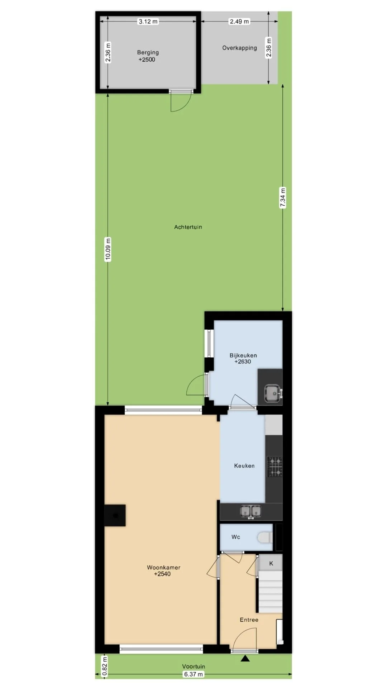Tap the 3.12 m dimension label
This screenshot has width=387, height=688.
pyautogui.click(x=148, y=21)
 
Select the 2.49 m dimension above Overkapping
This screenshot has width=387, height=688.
pyautogui.click(x=239, y=21)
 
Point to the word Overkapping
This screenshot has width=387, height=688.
pyautogui.click(x=239, y=48)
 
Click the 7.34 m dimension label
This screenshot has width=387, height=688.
pyautogui.click(x=283, y=198)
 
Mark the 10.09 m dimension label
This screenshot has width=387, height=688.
pyautogui.click(x=108, y=249)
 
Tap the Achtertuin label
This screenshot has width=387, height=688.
pyautogui.click(x=188, y=227)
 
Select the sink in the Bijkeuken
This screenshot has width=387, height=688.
pyautogui.click(x=274, y=393)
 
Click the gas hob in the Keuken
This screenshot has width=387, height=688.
pyautogui.click(x=274, y=467)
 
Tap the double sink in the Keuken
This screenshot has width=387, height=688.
pyautogui.click(x=251, y=511)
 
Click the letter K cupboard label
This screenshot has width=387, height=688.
pyautogui.click(x=271, y=563)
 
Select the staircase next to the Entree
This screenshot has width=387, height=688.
pyautogui.click(x=271, y=592)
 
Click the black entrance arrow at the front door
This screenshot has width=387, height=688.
pyautogui.click(x=245, y=658)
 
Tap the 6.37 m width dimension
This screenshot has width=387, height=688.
pyautogui.click(x=193, y=674)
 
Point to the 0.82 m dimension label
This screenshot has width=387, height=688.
pyautogui.click(x=104, y=665)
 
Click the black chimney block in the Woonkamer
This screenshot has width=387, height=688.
pyautogui.click(x=115, y=516)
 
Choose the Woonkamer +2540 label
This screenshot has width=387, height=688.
pyautogui.click(x=163, y=571)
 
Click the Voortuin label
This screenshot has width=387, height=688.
pyautogui.click(x=193, y=666)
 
